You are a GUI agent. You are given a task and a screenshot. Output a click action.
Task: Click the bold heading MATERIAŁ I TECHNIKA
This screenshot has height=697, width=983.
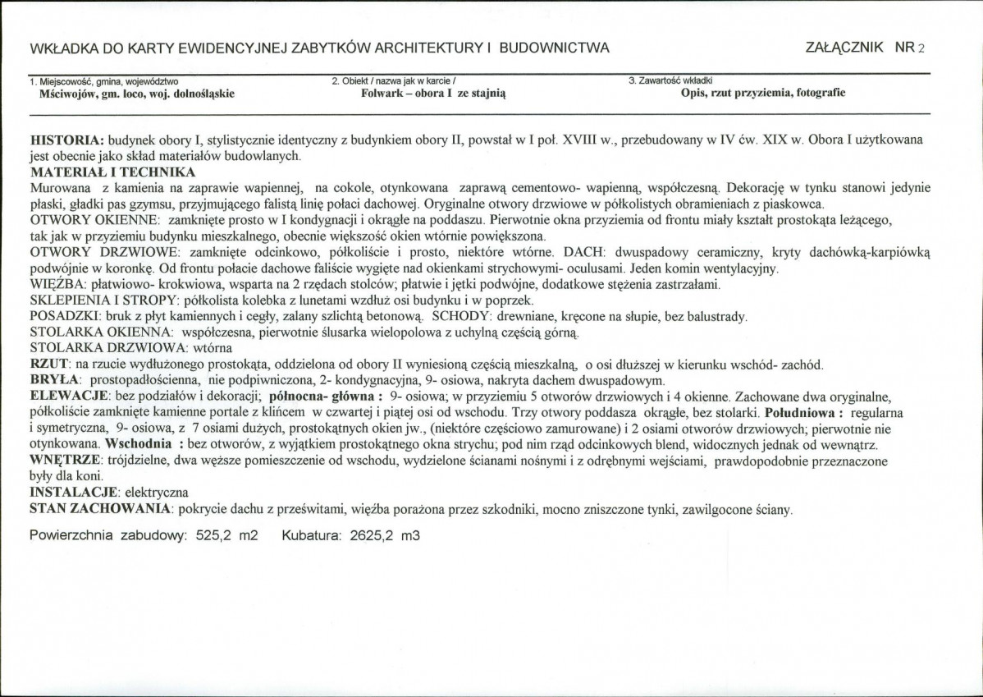tap(112, 172)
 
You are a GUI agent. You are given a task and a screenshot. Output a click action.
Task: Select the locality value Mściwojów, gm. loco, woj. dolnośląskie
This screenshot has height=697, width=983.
tap(136, 94)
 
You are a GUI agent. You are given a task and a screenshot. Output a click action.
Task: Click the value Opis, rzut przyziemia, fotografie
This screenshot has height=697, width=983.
tap(762, 93)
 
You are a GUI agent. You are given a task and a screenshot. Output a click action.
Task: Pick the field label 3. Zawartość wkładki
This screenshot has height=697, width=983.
tap(670, 81)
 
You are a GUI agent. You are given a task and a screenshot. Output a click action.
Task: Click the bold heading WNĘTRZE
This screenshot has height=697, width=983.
tap(65, 461)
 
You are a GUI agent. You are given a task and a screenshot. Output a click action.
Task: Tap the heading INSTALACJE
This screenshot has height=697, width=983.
tap(74, 493)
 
